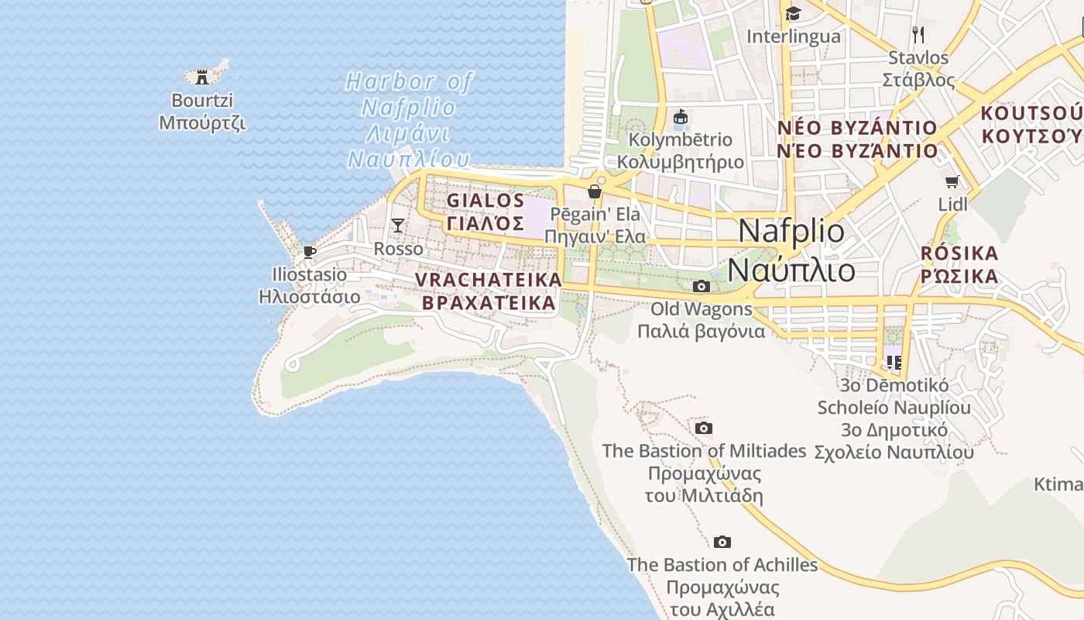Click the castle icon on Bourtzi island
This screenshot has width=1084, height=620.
(x=202, y=77)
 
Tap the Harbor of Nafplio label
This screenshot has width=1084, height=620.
(x=408, y=119)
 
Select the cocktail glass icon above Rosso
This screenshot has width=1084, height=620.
(x=398, y=226)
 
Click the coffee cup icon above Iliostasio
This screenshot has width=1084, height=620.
(x=310, y=252)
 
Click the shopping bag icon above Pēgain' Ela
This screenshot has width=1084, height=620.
(x=595, y=191)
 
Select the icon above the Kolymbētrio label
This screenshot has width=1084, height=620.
(x=681, y=117)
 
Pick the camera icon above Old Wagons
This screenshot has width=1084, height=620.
(x=702, y=286)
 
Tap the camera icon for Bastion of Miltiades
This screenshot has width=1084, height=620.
(x=704, y=428)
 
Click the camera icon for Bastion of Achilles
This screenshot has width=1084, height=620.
(x=722, y=542)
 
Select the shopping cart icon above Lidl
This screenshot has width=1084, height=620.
(x=952, y=181)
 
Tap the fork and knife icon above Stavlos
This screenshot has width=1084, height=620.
(x=918, y=34)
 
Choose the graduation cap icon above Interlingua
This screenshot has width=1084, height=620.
(x=793, y=13)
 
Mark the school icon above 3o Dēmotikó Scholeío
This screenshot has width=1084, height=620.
(x=894, y=362)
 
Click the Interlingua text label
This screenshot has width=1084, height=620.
(x=793, y=36)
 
